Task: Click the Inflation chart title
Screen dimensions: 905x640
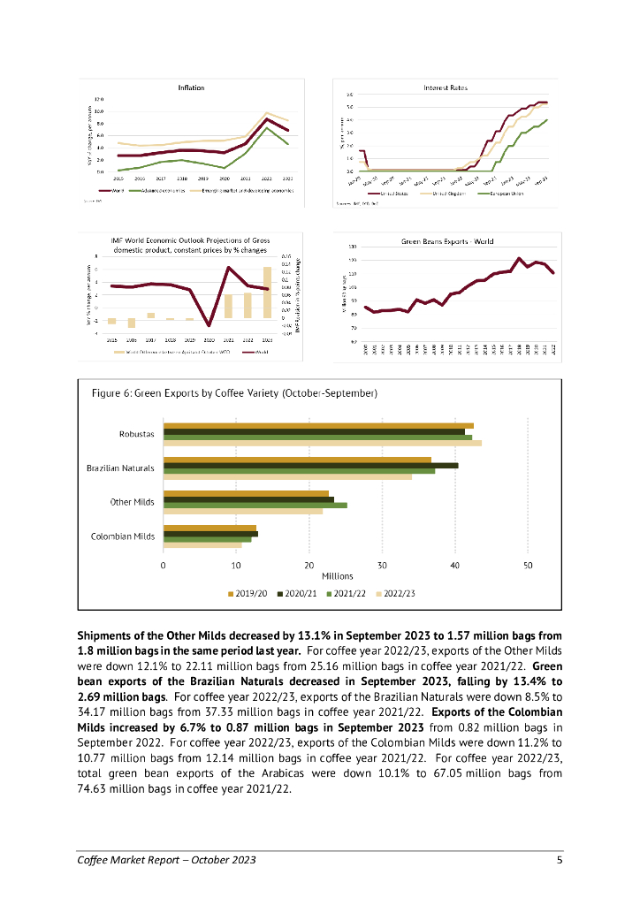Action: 191,87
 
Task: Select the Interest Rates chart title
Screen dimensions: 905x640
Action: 446,87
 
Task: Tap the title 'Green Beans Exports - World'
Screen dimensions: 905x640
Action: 447,240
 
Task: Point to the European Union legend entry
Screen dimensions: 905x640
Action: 501,192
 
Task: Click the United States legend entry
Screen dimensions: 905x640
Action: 390,192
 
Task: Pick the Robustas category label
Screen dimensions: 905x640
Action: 137,434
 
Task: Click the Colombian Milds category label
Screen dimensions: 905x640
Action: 123,536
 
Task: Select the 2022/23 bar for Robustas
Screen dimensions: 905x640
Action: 323,443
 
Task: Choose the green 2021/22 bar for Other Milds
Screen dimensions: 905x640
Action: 255,506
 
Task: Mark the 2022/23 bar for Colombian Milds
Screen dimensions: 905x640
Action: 202,545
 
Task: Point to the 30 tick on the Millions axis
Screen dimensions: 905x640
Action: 382,565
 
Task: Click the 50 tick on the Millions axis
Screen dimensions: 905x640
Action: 528,565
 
